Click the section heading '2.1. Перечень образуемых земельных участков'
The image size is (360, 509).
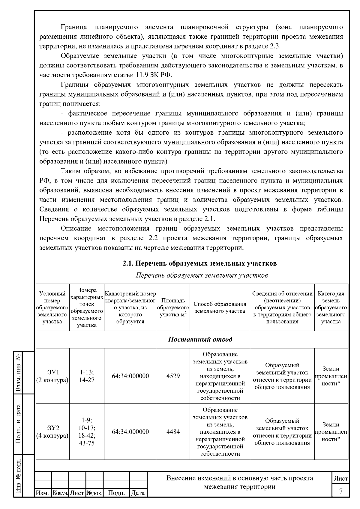199,263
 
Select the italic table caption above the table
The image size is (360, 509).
202,275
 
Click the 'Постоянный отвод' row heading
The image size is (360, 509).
200,339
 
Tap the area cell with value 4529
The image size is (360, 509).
173,376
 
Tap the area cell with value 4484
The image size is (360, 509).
173,432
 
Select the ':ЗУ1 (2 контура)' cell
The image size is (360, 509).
52,376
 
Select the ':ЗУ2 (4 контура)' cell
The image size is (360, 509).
52,432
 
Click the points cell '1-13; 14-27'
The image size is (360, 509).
87,376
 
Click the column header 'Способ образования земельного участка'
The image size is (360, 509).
220,308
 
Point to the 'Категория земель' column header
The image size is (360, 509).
331,308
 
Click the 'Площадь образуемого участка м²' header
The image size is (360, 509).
173,308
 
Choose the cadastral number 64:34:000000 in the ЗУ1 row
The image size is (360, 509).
130,376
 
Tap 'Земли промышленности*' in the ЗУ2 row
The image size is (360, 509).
331,432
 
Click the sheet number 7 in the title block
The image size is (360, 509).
341,491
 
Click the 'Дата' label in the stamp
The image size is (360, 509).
138,493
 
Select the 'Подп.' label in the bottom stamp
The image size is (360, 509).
116,493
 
